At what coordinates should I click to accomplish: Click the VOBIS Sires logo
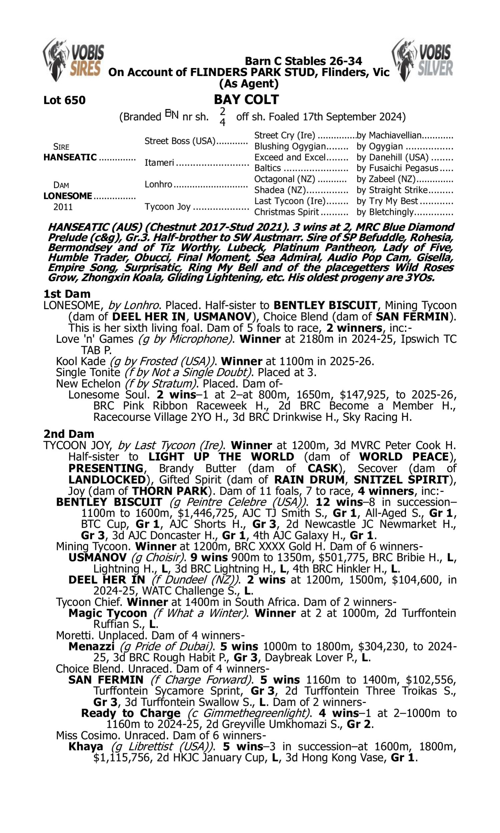(x=73, y=60)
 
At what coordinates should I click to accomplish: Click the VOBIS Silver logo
(x=423, y=60)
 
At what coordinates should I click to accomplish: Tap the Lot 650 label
(x=64, y=100)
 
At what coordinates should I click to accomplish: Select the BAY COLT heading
(x=246, y=99)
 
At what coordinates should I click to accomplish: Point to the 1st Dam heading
(x=67, y=294)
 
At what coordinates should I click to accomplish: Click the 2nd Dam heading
(x=69, y=434)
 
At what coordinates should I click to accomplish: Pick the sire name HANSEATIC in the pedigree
(x=70, y=157)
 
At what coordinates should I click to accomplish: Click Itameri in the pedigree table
(x=159, y=163)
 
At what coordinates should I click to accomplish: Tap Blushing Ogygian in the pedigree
(x=290, y=147)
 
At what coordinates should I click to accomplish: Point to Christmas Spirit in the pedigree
(x=286, y=212)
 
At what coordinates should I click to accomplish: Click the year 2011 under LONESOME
(x=63, y=207)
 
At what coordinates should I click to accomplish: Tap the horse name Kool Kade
(x=81, y=361)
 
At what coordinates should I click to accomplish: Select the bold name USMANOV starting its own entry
(x=97, y=557)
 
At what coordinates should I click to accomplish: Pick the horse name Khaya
(x=86, y=746)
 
